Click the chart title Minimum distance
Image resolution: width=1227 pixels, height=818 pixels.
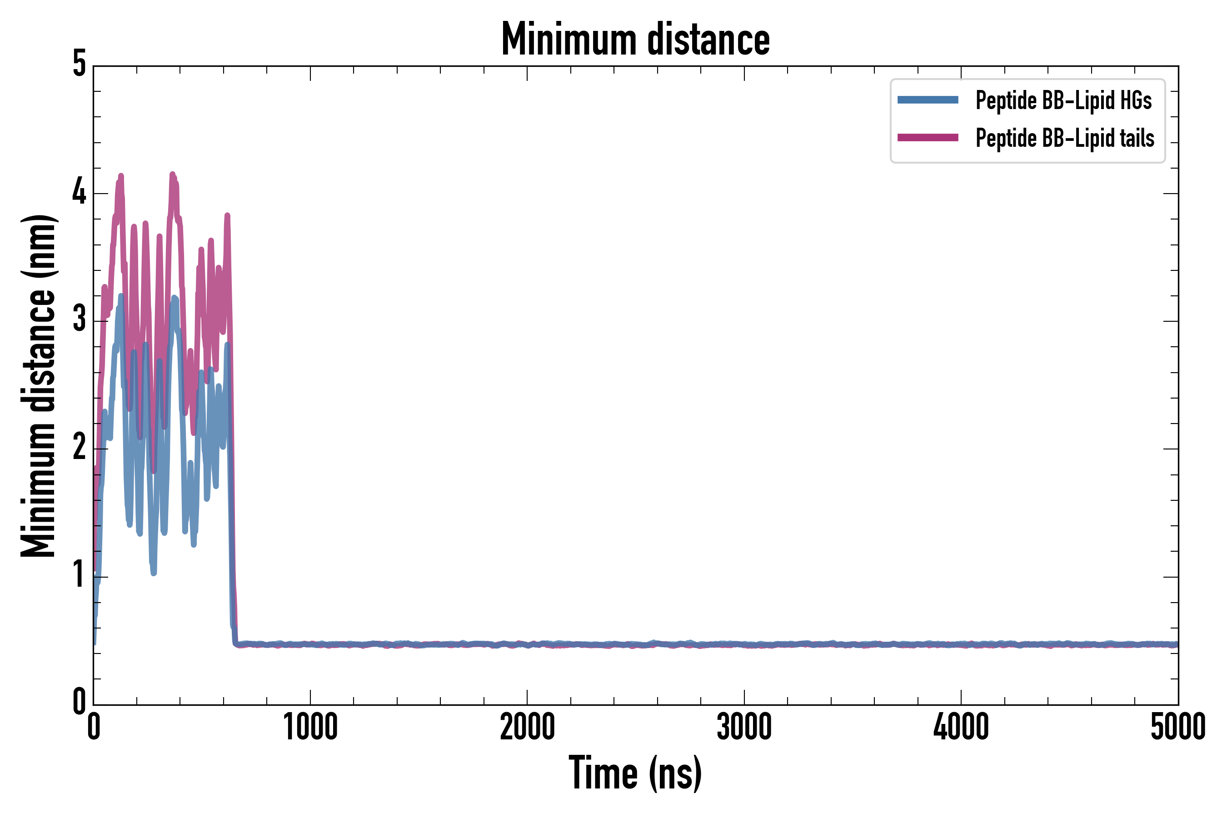coord(635,39)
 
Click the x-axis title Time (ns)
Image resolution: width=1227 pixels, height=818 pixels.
coord(635,773)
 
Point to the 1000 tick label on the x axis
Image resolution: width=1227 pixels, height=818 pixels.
coord(310,727)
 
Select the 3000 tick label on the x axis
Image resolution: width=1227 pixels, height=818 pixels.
coord(744,727)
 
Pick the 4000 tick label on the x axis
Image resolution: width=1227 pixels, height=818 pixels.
coord(961,727)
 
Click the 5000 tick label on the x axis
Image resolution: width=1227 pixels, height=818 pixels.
coord(1177,727)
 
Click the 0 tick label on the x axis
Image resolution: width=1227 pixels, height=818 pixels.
coord(94,727)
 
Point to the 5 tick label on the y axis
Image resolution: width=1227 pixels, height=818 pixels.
coord(79,64)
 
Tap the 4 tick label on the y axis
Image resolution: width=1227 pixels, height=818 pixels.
coord(79,193)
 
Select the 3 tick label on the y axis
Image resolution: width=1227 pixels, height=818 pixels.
coord(79,320)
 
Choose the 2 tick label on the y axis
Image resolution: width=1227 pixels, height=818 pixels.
coord(79,448)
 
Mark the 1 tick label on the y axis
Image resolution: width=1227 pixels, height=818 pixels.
coord(79,575)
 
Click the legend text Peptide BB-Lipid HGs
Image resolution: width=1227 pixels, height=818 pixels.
coord(1063,100)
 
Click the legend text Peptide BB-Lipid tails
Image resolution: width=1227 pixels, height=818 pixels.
coord(1065,138)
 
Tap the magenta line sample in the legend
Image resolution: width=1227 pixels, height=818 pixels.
coord(928,138)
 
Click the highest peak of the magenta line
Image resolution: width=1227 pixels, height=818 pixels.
coord(173,175)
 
